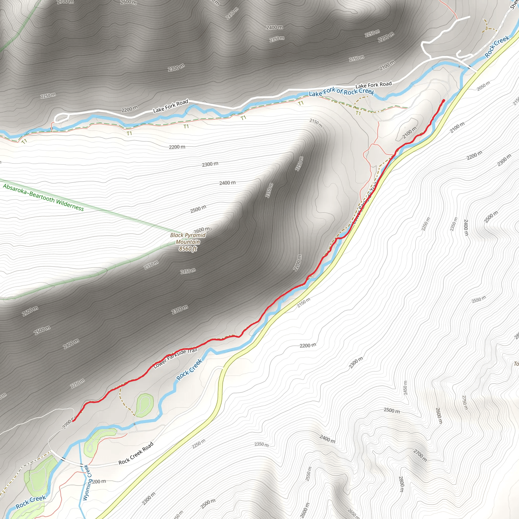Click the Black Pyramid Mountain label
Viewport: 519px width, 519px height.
(x=188, y=238)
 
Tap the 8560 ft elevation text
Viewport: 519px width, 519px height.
(x=188, y=249)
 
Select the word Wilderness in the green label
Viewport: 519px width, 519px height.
(x=70, y=205)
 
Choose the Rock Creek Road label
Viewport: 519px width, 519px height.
(x=136, y=453)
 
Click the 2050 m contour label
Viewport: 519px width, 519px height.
(x=483, y=86)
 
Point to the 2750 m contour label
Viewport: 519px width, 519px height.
(x=465, y=402)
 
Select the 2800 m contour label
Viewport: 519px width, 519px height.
(x=401, y=484)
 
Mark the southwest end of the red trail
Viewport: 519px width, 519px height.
(x=73, y=421)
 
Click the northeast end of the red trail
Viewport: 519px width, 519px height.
(x=443, y=100)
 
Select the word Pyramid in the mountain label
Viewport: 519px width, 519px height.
(x=196, y=235)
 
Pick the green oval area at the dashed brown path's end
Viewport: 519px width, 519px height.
(x=144, y=405)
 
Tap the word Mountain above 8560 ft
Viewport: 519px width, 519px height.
(x=188, y=242)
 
